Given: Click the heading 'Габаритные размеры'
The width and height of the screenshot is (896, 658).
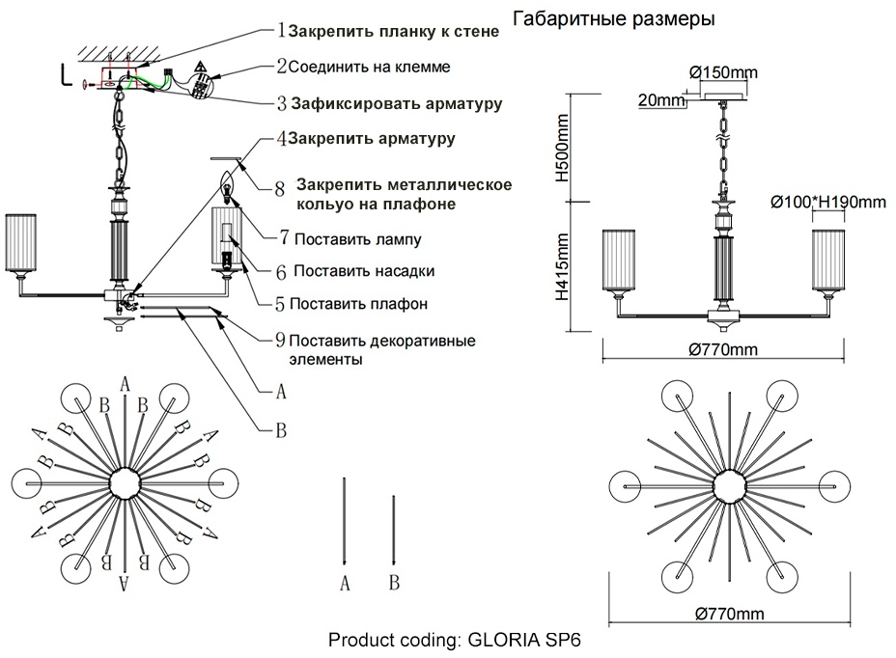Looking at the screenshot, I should pos(613,20).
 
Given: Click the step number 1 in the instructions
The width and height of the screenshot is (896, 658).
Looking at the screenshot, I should pos(281,30).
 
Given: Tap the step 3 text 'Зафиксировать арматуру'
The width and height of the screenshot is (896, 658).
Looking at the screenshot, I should pos(396,102).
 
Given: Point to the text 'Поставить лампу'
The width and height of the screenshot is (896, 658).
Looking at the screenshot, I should pos(357,238).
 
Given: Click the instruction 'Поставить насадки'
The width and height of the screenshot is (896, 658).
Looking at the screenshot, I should pos(363,271).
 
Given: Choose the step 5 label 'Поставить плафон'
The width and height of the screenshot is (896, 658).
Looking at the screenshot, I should pos(358,303).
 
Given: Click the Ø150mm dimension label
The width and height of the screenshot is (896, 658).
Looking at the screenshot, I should pos(724,73).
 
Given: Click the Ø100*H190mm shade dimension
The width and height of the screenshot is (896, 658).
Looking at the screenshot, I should pos(827,202).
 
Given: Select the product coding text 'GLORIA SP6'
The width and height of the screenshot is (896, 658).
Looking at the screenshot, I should pos(525,640).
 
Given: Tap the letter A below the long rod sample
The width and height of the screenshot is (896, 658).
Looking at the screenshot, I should pos(345,582).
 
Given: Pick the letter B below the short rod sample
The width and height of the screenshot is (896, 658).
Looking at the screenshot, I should pos(394,582).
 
